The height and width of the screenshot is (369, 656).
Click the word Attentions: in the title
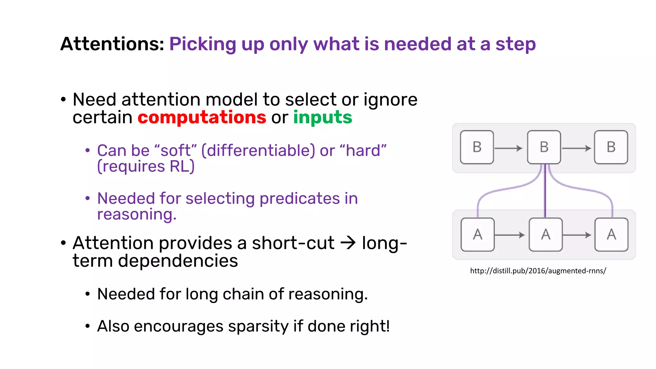pyautogui.click(x=112, y=44)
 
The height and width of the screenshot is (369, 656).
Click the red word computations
pyautogui.click(x=202, y=117)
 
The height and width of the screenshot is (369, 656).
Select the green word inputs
pyautogui.click(x=323, y=117)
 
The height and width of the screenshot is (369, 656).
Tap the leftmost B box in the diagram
pyautogui.click(x=477, y=147)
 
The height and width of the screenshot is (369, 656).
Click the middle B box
pyautogui.click(x=544, y=147)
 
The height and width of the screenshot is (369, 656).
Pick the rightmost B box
pyautogui.click(x=611, y=147)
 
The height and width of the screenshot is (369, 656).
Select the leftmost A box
pyautogui.click(x=477, y=234)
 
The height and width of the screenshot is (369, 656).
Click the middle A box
pyautogui.click(x=545, y=234)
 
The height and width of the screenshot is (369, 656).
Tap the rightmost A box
pyautogui.click(x=611, y=234)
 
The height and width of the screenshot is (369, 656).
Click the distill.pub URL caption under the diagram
pyautogui.click(x=538, y=271)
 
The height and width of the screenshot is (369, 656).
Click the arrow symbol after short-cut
pyautogui.click(x=348, y=243)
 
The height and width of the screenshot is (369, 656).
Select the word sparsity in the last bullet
pyautogui.click(x=258, y=327)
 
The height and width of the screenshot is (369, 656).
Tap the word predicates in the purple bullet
pyautogui.click(x=299, y=198)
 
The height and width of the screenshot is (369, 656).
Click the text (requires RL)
pyautogui.click(x=146, y=167)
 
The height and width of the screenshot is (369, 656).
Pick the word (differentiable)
pyautogui.click(x=258, y=151)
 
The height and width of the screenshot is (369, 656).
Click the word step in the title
pyautogui.click(x=515, y=44)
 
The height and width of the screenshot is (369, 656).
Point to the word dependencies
pyautogui.click(x=178, y=261)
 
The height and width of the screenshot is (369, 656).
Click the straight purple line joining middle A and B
pyautogui.click(x=545, y=192)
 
